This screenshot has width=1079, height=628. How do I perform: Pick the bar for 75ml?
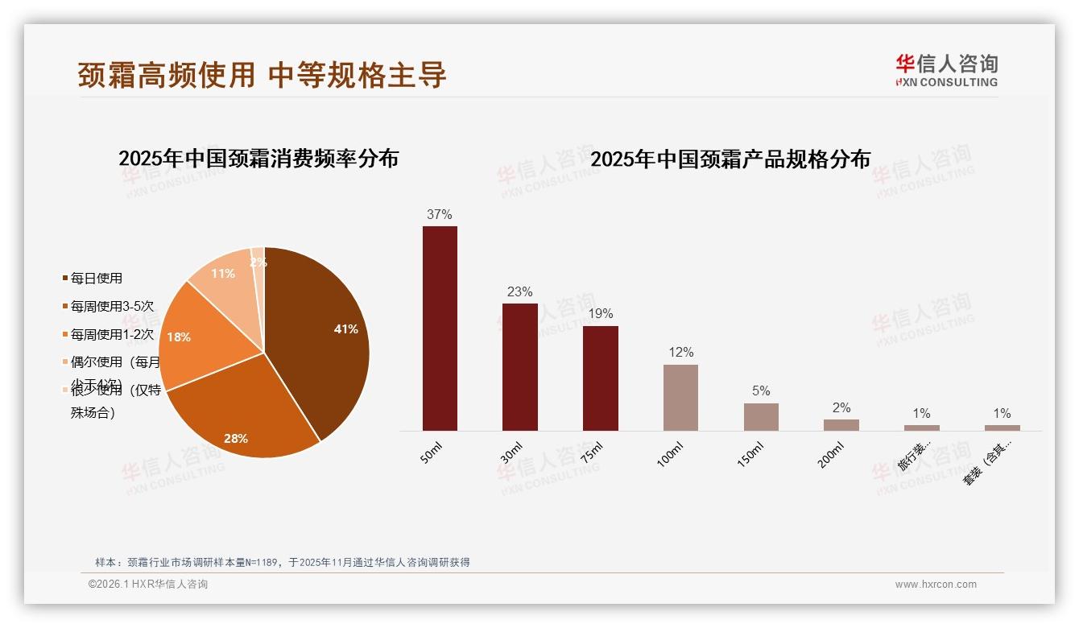(600, 378)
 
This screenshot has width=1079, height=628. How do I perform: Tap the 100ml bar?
(680, 398)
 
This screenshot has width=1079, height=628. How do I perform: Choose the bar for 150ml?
(761, 417)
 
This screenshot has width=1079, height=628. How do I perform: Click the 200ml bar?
(841, 425)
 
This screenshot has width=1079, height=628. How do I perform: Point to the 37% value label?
(440, 214)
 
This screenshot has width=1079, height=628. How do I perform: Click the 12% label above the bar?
(680, 353)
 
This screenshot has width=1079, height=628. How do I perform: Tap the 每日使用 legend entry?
(96, 279)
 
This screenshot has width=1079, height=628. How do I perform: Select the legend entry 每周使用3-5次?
(111, 307)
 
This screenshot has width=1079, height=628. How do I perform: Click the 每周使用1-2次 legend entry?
(111, 334)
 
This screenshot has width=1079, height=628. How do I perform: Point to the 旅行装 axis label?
(914, 457)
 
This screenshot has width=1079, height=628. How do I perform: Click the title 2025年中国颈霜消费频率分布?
(258, 159)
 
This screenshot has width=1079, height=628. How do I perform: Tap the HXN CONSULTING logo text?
(947, 82)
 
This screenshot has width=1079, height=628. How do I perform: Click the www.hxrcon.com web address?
(936, 585)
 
